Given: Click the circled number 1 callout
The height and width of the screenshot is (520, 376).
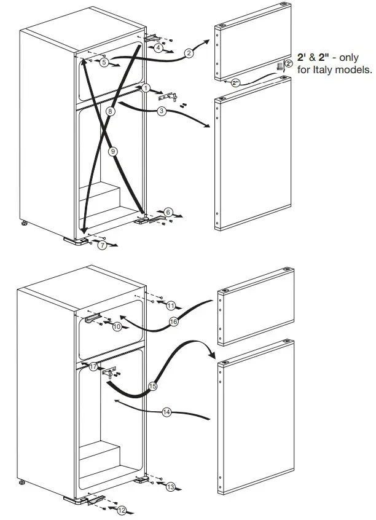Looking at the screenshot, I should coord(146,88).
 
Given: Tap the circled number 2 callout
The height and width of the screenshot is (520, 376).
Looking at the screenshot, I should coord(189,53).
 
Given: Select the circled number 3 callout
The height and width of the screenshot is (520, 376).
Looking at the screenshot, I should coord(161,111).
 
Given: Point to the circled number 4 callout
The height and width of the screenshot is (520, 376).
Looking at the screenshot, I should coord(159,47).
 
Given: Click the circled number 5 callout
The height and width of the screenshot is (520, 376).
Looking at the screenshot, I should coord(104,62).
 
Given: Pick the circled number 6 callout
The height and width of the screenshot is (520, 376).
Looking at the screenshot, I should coord(168,212).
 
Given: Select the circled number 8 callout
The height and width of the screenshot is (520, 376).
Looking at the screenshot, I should coord(109,111).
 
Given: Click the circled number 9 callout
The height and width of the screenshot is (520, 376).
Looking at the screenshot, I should coord(112,151).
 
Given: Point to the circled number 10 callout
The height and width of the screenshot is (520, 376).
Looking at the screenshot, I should coord(117,326).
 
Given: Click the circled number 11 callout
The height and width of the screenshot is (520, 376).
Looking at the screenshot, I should coord(171,305).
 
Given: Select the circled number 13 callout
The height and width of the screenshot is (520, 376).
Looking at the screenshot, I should coord(170,486).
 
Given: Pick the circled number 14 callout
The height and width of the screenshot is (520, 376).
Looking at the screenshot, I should coord(166,412).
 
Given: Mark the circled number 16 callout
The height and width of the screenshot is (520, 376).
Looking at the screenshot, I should coord(173,321).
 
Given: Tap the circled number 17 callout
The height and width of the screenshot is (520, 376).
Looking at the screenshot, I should coord(93,366).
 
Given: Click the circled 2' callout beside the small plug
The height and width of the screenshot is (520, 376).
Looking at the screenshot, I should coord(289,63).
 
